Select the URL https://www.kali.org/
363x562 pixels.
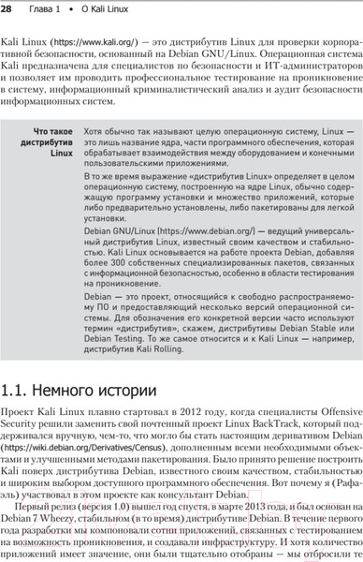pyautogui.click(x=87, y=43)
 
